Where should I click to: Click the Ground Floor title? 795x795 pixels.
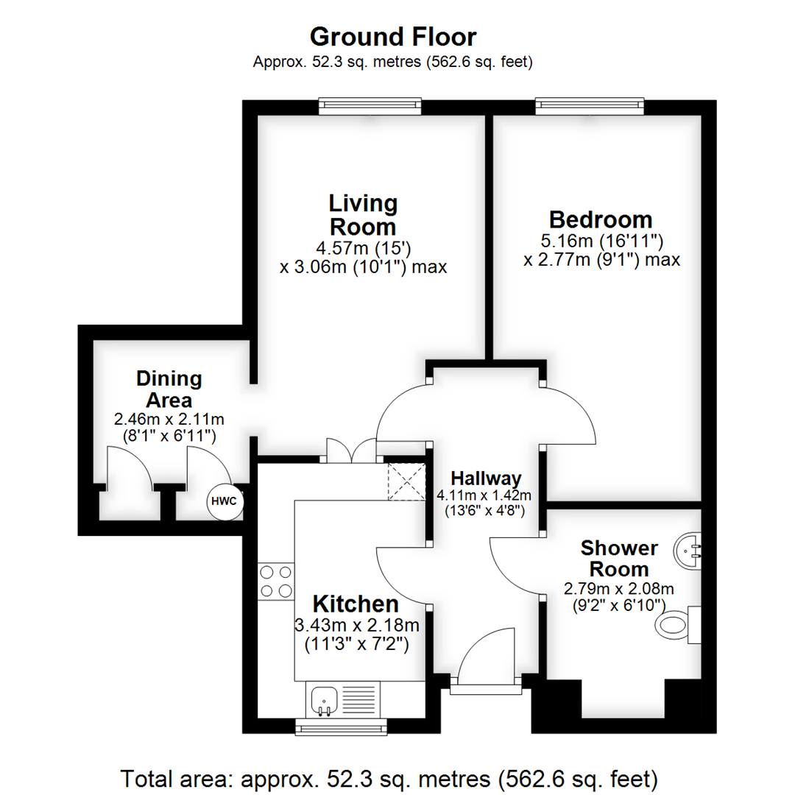pyautogui.click(x=392, y=36)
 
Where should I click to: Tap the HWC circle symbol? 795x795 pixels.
pyautogui.click(x=224, y=501)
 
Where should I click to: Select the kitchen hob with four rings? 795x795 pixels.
pyautogui.click(x=276, y=580)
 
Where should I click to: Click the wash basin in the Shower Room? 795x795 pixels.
pyautogui.click(x=690, y=548)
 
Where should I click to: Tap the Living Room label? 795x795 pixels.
pyautogui.click(x=363, y=214)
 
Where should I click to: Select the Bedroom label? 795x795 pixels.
pyautogui.click(x=601, y=219)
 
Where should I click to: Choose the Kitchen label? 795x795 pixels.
pyautogui.click(x=356, y=604)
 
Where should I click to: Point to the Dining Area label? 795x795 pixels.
pyautogui.click(x=169, y=389)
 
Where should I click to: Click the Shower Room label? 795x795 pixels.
pyautogui.click(x=618, y=558)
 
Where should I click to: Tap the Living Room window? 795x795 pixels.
pyautogui.click(x=370, y=107)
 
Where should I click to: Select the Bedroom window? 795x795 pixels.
pyautogui.click(x=590, y=107)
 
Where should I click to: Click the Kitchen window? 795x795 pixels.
pyautogui.click(x=341, y=727)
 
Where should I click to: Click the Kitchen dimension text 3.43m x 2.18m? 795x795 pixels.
pyautogui.click(x=356, y=626)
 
